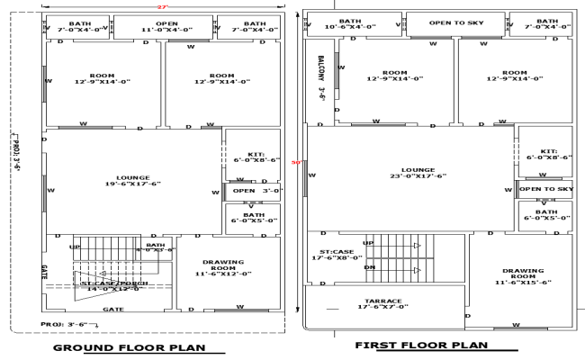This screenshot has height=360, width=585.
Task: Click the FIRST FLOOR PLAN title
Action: pyautogui.click(x=421, y=346)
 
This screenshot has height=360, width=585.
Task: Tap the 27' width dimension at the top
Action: pyautogui.click(x=163, y=6)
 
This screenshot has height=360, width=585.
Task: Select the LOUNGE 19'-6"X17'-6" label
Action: pyautogui.click(x=132, y=181)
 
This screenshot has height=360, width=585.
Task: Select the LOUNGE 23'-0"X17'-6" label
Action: pyautogui.click(x=418, y=173)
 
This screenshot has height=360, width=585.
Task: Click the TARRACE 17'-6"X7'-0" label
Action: pyautogui.click(x=383, y=304)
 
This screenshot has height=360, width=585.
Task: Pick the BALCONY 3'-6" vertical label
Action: pyautogui.click(x=320, y=79)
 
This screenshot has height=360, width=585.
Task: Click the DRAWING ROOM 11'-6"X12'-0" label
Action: pyautogui.click(x=224, y=267)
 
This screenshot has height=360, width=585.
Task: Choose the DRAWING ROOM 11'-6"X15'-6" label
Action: pyautogui.click(x=523, y=275)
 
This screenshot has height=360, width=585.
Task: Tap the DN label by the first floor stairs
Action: pyautogui.click(x=368, y=267)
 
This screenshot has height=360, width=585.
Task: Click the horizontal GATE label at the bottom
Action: pyautogui.click(x=112, y=309)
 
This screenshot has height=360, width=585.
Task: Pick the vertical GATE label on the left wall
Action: pyautogui.click(x=43, y=270)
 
